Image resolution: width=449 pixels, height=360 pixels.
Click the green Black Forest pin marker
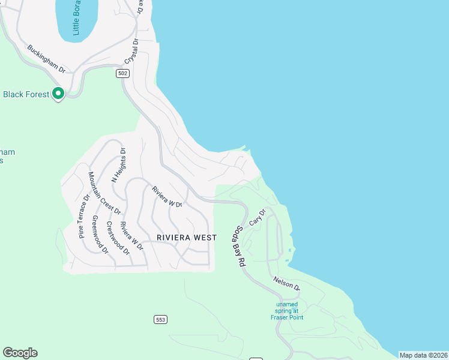point(58,94)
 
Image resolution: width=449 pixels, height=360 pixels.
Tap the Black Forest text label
point(26,94)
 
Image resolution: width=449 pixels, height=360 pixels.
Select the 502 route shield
point(122,73)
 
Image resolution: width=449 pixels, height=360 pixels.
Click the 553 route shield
point(160,319)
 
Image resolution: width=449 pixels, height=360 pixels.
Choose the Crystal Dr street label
point(131,52)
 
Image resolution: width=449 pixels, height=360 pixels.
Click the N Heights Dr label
point(118,165)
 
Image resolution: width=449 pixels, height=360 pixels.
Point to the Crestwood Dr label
point(118,238)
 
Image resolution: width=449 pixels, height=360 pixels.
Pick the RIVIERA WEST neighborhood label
point(187,238)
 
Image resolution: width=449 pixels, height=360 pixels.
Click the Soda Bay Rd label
point(242,246)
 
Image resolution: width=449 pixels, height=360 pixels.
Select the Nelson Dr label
point(286,283)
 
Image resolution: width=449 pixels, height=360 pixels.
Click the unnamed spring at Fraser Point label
point(286,310)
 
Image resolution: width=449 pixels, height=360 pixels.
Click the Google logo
point(20,353)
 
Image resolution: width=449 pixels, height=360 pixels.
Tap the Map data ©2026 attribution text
point(423,355)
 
